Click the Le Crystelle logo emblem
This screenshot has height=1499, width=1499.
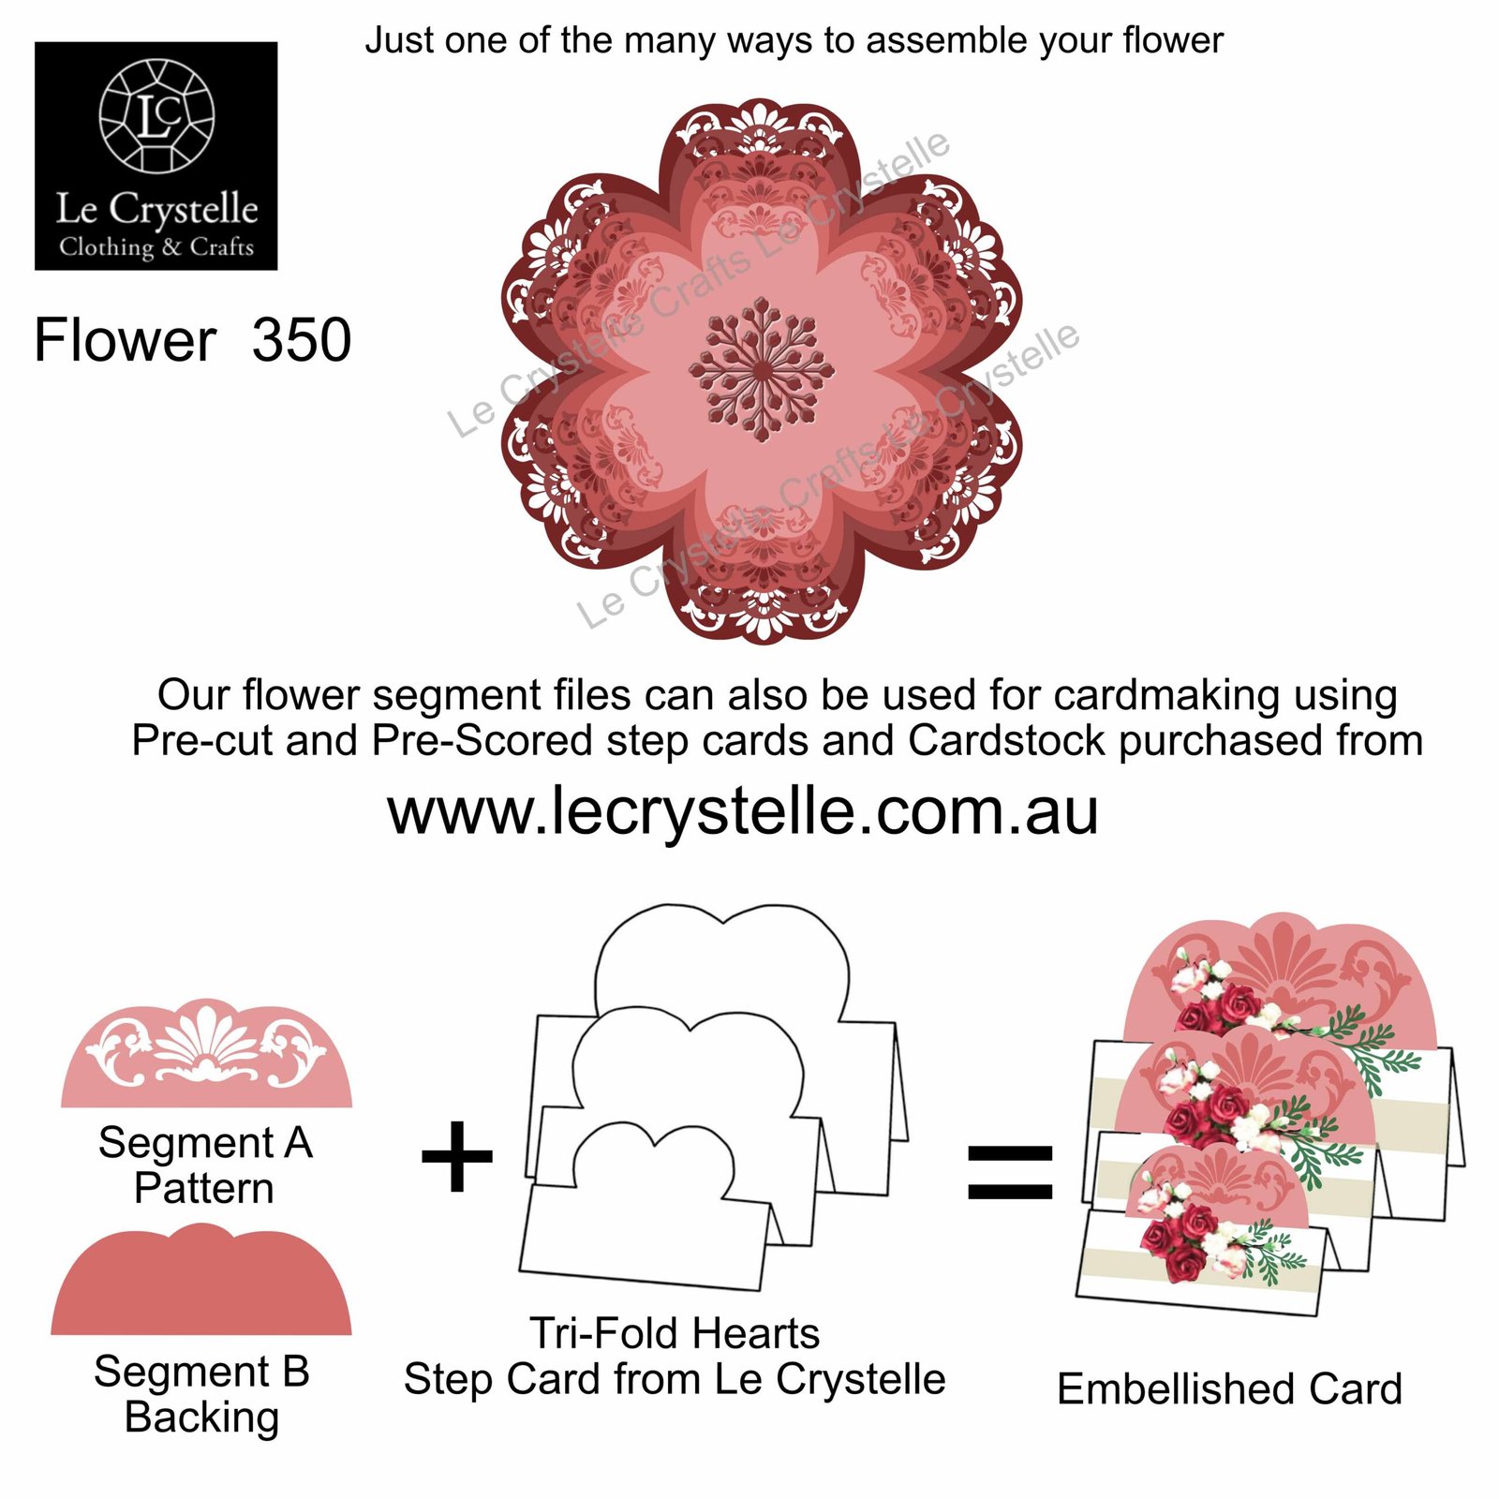(156, 115)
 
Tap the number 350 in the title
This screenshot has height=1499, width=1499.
(302, 339)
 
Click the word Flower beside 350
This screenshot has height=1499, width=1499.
(126, 339)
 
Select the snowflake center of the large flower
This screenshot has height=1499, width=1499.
(762, 369)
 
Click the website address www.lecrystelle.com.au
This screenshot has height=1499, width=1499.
(743, 811)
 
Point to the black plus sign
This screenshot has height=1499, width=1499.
(457, 1156)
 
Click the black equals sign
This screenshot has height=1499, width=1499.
(1010, 1171)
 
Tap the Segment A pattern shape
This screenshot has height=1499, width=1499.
(207, 1053)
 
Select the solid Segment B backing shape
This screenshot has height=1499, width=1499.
(201, 1279)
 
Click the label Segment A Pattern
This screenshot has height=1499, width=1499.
(205, 1165)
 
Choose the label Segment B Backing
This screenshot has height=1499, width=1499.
(201, 1394)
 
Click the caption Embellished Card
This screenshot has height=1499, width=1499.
(1229, 1388)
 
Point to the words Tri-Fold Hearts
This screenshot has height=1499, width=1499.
(675, 1332)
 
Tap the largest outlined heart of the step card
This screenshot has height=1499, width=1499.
(722, 965)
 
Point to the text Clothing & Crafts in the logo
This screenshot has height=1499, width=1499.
(156, 246)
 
